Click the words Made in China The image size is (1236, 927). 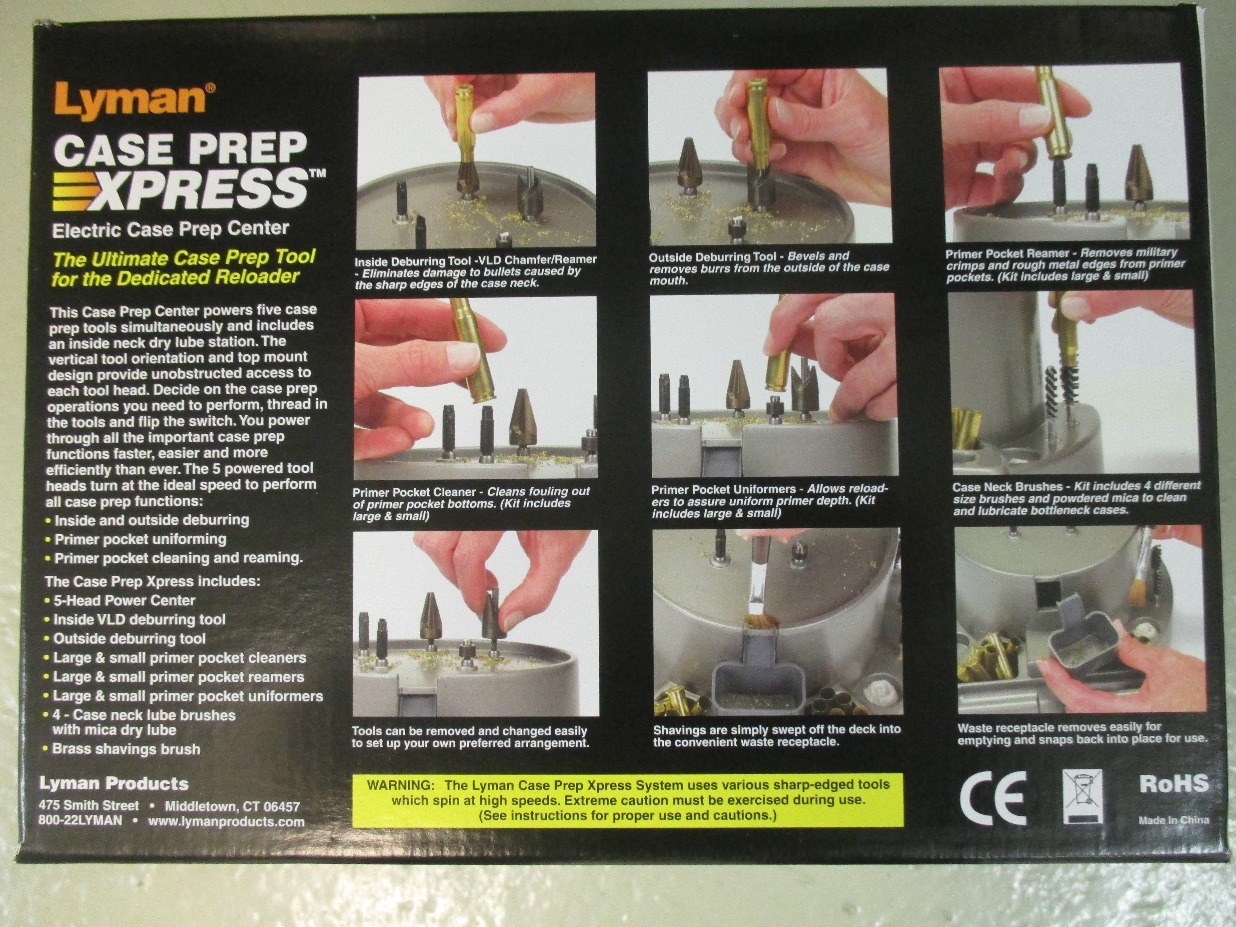(x=1174, y=820)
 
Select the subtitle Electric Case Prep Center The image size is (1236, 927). (x=170, y=229)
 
